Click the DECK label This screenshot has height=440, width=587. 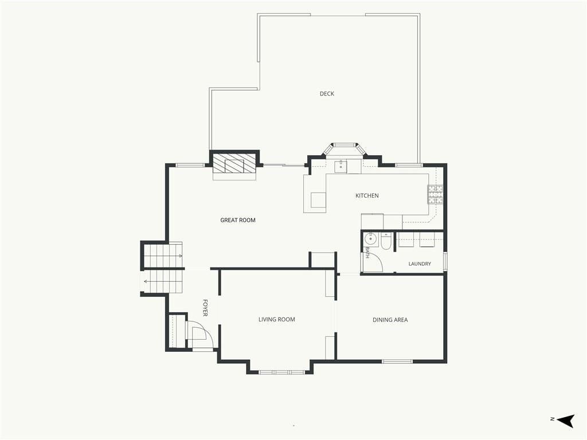click(x=327, y=93)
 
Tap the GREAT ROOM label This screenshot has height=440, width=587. click(x=238, y=220)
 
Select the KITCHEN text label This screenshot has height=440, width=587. click(x=367, y=195)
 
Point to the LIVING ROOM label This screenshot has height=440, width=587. click(x=277, y=319)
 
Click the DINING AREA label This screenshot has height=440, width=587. click(x=390, y=320)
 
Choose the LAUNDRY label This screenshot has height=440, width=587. click(x=420, y=264)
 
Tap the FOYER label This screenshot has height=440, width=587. click(x=205, y=308)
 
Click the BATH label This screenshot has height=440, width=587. click(x=368, y=253)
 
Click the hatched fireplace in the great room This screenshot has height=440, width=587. click(x=234, y=163)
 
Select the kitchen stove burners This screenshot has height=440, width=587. click(x=436, y=195)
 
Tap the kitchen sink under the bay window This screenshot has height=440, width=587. click(x=341, y=167)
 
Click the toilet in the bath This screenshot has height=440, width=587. click(x=386, y=241)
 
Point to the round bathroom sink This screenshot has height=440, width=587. click(x=371, y=237)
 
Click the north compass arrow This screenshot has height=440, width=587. click(x=565, y=421)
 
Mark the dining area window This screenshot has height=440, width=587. click(x=397, y=362)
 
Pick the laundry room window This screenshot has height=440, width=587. click(x=445, y=261)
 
